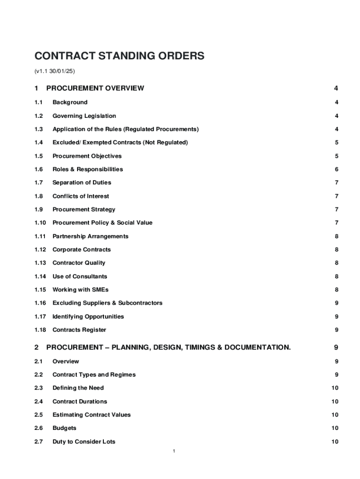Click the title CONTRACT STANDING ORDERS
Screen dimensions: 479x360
click(x=119, y=56)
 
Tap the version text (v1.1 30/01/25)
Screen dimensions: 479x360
click(x=55, y=71)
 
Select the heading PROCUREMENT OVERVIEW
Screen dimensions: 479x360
click(x=95, y=88)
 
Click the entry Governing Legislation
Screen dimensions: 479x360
click(x=84, y=116)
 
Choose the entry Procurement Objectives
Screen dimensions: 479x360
click(x=86, y=156)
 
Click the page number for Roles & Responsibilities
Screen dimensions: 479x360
click(x=336, y=169)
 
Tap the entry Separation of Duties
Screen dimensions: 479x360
click(x=81, y=182)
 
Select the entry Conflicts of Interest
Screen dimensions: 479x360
click(x=80, y=196)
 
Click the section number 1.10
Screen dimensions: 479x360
click(x=40, y=223)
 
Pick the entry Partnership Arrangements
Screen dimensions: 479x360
click(x=90, y=236)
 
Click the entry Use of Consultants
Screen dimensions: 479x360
click(x=79, y=276)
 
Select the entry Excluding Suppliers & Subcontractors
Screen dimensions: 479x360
click(x=107, y=303)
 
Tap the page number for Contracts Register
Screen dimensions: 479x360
click(x=336, y=330)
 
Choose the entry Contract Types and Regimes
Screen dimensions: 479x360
click(x=94, y=375)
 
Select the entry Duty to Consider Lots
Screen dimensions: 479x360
click(x=84, y=442)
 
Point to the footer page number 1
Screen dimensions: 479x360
click(x=173, y=451)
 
